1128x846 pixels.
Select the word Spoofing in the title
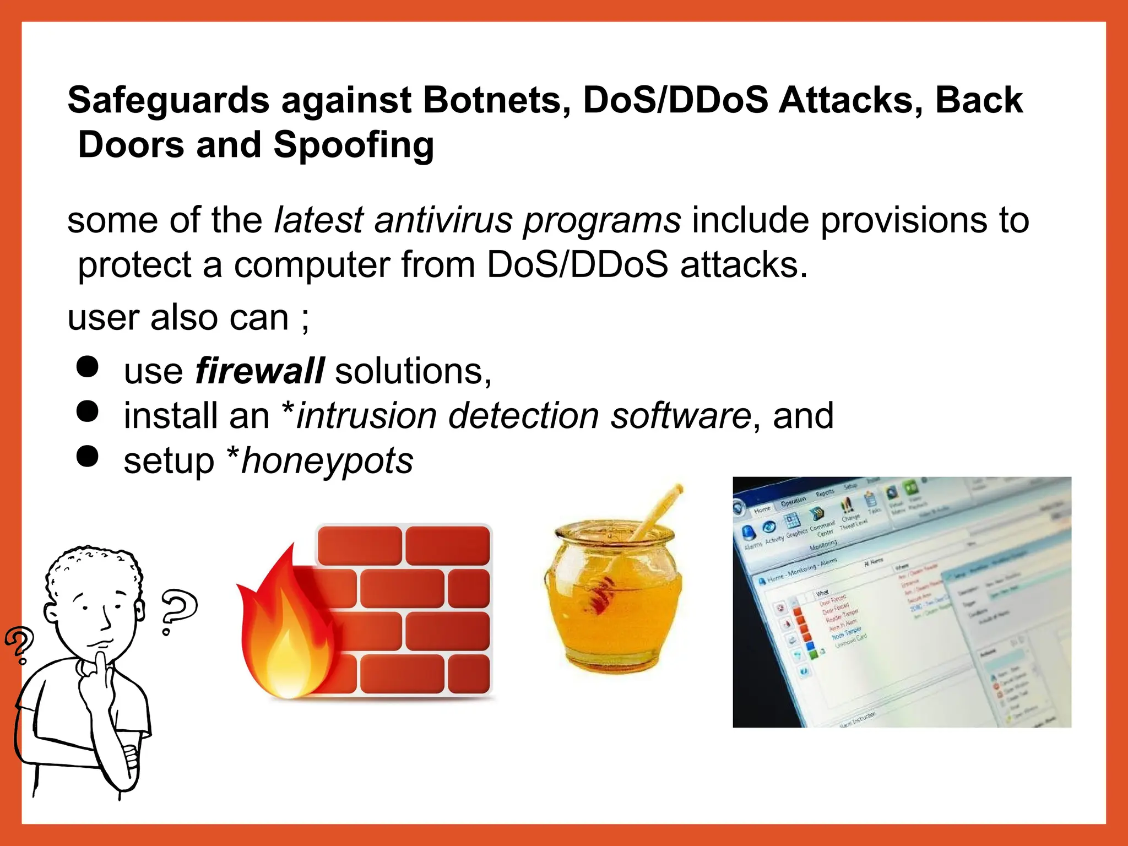[354, 145]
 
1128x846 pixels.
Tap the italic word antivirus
[443, 220]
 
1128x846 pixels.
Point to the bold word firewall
[259, 371]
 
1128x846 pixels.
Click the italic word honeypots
[327, 461]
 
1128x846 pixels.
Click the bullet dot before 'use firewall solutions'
[88, 366]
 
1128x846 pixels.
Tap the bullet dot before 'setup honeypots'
[88, 456]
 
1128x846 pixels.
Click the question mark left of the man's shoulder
[19, 644]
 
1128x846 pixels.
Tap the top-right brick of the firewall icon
[447, 545]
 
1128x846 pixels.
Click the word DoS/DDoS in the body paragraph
[577, 265]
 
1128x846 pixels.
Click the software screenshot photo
[902, 601]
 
